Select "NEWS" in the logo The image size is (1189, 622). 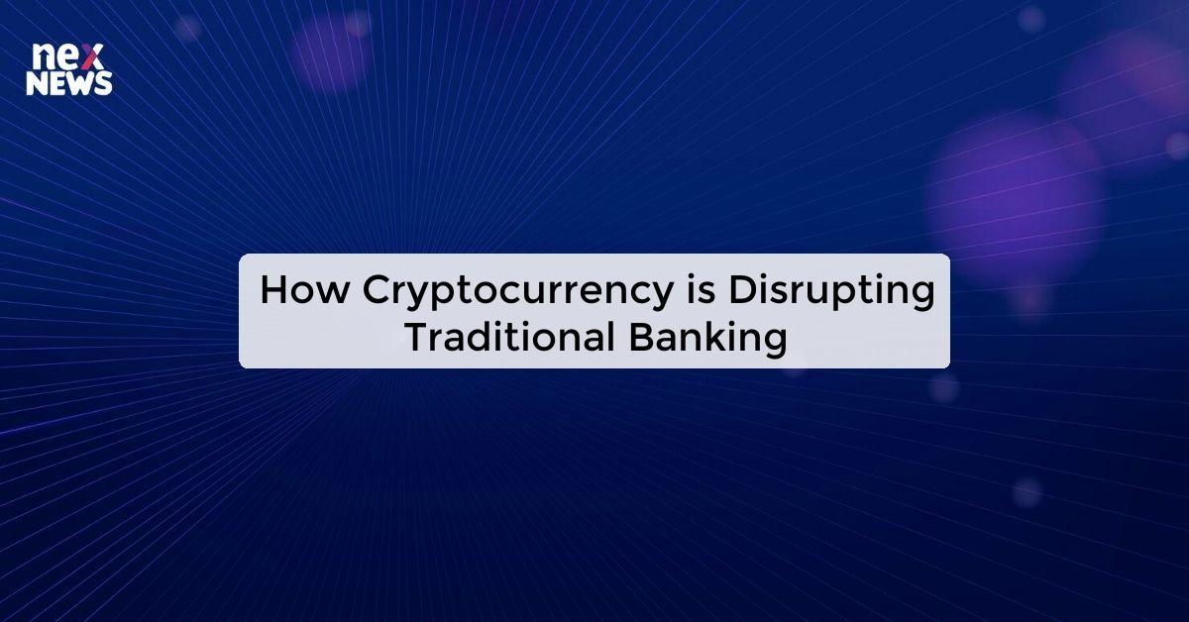[68, 84]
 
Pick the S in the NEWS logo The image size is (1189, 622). [102, 84]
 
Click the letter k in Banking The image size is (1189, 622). [709, 337]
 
